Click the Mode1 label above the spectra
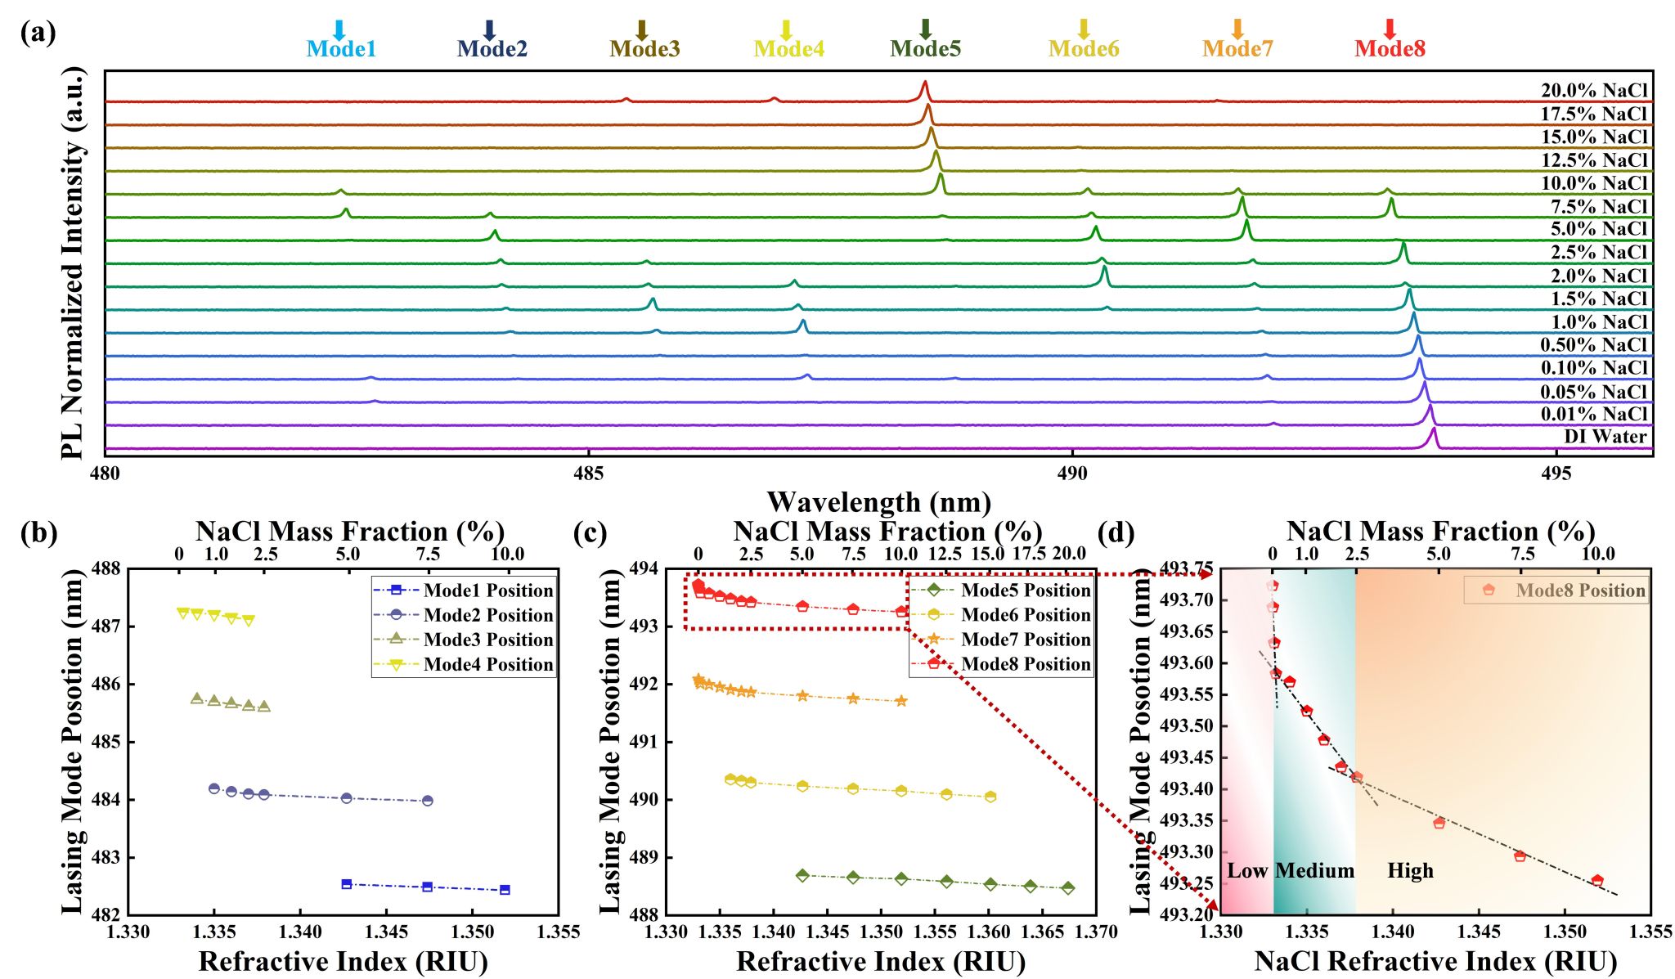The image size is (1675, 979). click(x=341, y=49)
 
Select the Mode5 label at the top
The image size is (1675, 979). click(x=925, y=49)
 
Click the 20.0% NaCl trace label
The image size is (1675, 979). click(x=1594, y=91)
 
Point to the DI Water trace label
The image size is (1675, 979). click(x=1605, y=437)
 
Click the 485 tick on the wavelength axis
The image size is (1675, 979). click(x=588, y=474)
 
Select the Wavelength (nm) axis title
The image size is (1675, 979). click(x=878, y=501)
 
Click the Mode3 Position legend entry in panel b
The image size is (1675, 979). click(x=487, y=640)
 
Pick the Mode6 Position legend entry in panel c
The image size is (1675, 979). click(x=1026, y=615)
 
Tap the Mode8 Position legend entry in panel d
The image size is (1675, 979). click(x=1579, y=591)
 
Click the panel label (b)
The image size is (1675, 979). click(x=38, y=533)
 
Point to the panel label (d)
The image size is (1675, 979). click(x=1116, y=533)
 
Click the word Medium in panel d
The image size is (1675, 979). click(x=1314, y=871)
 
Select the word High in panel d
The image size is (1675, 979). click(x=1410, y=871)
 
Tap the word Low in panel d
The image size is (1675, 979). click(x=1246, y=871)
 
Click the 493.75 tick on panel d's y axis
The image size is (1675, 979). click(x=1187, y=568)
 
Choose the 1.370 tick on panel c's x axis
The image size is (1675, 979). click(x=1096, y=932)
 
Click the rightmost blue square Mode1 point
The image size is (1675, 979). click(x=505, y=890)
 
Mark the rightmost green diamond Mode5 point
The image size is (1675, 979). click(x=1068, y=888)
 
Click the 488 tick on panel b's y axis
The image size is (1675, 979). click(x=109, y=568)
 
